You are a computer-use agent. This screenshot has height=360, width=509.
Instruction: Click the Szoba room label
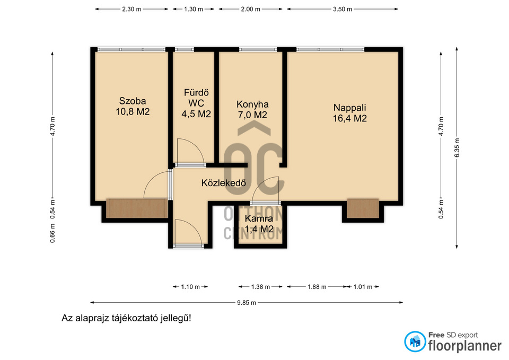(x=133, y=106)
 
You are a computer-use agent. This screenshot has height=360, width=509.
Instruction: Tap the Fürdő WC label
(x=196, y=103)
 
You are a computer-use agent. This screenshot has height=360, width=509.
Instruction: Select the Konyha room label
(x=252, y=109)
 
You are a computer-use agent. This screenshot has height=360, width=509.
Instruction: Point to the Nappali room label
(x=349, y=112)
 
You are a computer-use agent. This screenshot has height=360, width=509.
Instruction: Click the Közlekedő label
(x=223, y=183)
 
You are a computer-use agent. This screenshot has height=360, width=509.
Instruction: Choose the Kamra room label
(x=259, y=224)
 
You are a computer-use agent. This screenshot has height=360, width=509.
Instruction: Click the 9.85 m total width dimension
(x=247, y=303)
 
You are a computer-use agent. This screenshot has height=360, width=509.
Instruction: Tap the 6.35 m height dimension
(x=457, y=148)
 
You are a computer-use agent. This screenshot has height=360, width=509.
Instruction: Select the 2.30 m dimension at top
(x=131, y=9)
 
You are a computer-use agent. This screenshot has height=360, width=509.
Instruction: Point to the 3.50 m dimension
(x=343, y=9)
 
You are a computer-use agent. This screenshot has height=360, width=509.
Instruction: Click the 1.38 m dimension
(x=260, y=287)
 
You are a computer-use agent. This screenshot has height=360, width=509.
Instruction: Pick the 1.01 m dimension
(x=363, y=287)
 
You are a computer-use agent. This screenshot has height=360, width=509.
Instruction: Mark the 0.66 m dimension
(x=52, y=233)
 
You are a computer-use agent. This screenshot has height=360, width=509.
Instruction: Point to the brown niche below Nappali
(x=363, y=208)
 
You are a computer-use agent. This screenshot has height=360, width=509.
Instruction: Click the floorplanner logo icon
(x=415, y=341)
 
